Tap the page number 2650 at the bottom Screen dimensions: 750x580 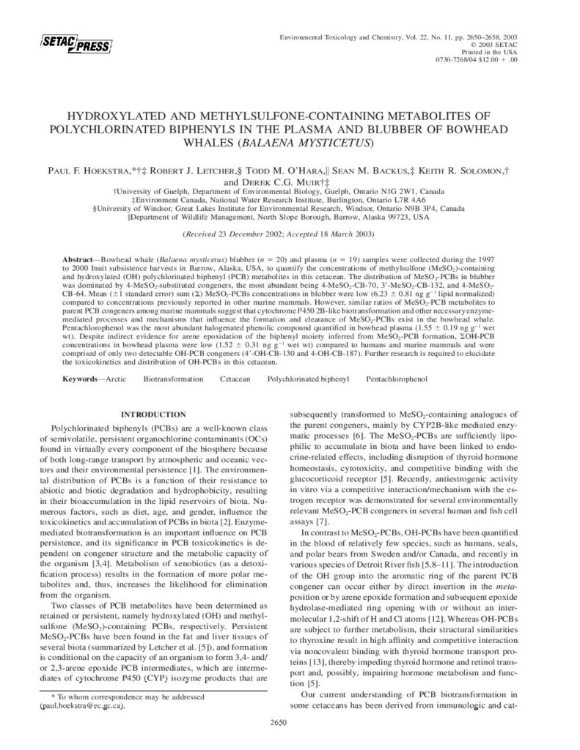tap(290, 725)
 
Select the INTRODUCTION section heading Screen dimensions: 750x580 tap(153, 415)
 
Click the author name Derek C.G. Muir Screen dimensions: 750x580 tap(282, 181)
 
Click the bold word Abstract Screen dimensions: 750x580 tap(79, 260)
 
